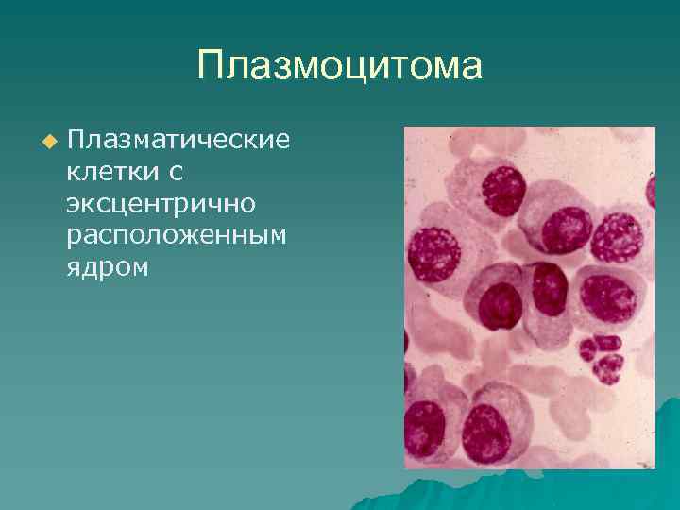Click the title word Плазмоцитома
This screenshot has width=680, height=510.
[x=339, y=67]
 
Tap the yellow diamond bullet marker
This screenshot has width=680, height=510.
[x=49, y=141]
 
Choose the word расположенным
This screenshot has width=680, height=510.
[x=176, y=235]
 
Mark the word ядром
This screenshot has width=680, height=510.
[x=108, y=267]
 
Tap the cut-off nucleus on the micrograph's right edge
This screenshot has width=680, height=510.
[x=651, y=193]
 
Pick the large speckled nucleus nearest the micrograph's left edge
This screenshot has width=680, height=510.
[x=434, y=254]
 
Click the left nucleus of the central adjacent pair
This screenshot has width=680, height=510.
[x=501, y=304]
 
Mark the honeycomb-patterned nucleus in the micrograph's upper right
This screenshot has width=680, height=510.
[x=617, y=236]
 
